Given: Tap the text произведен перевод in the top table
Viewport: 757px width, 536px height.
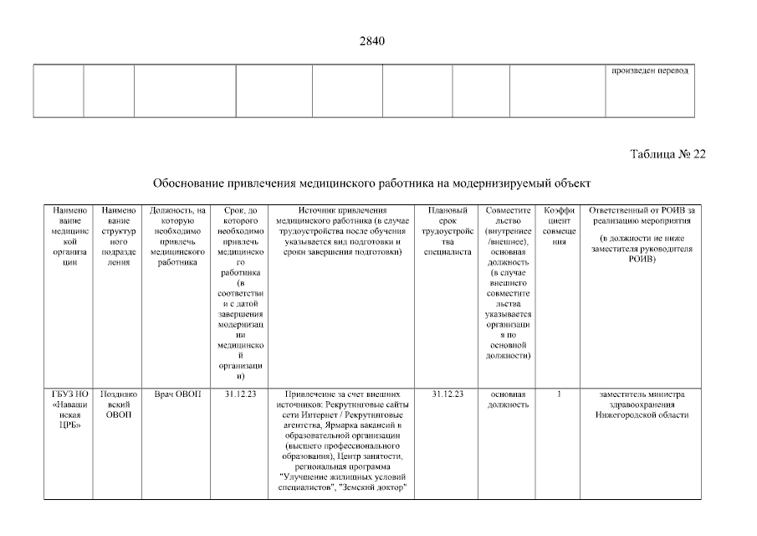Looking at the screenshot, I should coord(650,70).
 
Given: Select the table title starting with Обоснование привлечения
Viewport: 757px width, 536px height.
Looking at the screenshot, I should coord(371,183).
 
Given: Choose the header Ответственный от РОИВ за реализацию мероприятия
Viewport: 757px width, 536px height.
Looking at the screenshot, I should coord(642,234).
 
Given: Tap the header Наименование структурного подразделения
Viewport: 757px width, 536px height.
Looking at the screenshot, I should coord(118,234).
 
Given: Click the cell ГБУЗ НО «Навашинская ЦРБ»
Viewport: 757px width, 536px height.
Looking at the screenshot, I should coord(69,410).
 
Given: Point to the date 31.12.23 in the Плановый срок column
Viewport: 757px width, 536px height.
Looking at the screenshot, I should coord(448,394).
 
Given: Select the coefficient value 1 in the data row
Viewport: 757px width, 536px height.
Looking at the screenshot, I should coord(559,394).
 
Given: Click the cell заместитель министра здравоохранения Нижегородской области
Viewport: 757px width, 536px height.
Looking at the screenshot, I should coord(642,405).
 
